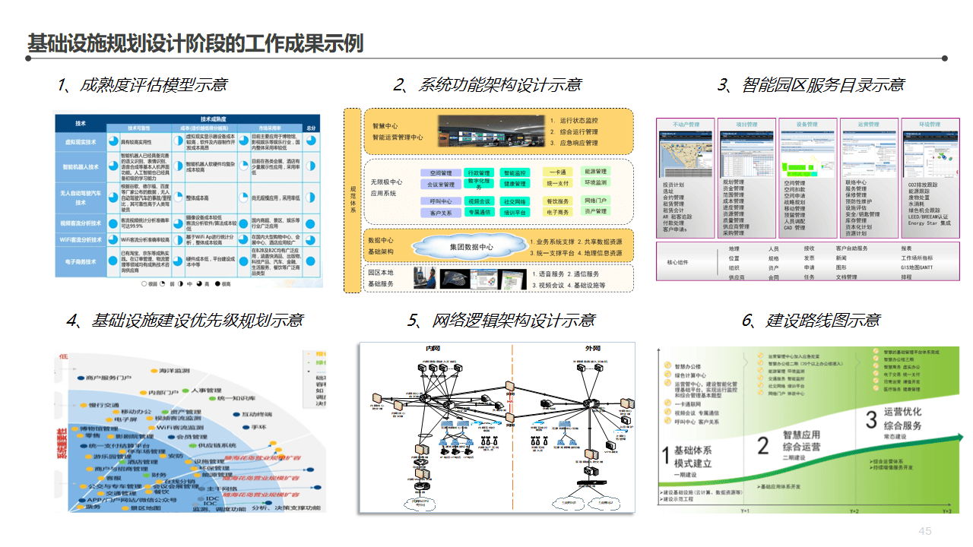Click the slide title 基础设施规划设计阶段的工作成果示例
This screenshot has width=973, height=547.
tap(195, 43)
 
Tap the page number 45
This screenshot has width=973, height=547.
tap(925, 531)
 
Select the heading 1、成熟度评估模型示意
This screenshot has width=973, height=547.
tap(142, 84)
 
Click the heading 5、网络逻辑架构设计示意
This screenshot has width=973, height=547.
tap(501, 320)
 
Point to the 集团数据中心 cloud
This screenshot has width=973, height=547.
tap(471, 247)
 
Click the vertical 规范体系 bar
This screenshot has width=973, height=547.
tap(352, 200)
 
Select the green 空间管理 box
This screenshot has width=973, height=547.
tap(441, 173)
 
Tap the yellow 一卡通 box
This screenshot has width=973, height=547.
tap(557, 172)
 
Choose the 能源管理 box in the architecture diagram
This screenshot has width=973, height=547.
tap(595, 172)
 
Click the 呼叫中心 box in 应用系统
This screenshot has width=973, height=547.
tap(441, 201)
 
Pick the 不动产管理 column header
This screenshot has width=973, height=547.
tap(686, 124)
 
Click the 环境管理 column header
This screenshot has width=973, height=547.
tap(929, 124)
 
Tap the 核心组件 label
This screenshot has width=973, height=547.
tap(681, 262)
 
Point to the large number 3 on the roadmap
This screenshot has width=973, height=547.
tap(872, 419)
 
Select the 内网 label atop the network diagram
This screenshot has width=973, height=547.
tap(433, 348)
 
